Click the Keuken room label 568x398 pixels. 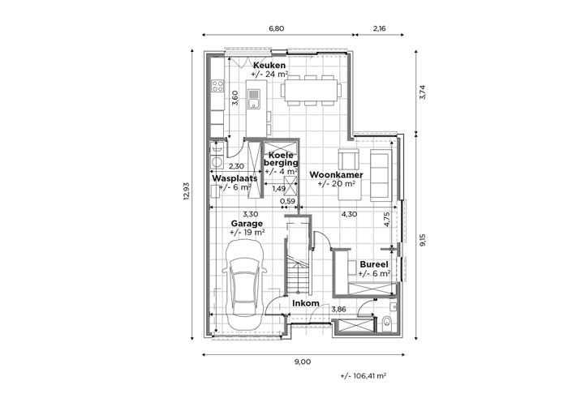click(269, 66)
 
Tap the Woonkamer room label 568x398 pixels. click(336, 175)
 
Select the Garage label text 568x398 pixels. click(247, 224)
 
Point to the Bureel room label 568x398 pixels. click(374, 264)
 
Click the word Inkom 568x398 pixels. click(306, 303)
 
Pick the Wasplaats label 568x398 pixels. click(235, 178)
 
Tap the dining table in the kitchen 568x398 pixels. click(311, 91)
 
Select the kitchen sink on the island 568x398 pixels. click(253, 99)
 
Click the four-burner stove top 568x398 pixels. click(217, 86)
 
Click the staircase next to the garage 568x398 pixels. click(298, 259)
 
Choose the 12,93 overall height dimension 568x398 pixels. click(186, 190)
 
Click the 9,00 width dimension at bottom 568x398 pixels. click(303, 362)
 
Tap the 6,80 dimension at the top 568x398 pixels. click(277, 28)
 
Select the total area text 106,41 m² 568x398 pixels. click(364, 376)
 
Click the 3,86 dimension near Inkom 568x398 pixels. click(338, 310)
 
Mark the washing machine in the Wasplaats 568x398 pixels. click(217, 161)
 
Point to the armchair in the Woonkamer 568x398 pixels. click(348, 159)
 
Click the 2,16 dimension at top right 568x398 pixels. click(379, 28)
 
